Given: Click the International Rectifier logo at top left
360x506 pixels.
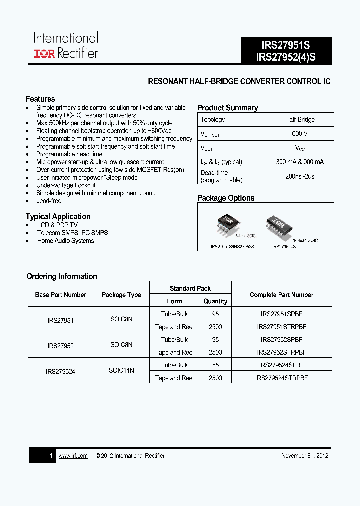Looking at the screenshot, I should click(66, 46).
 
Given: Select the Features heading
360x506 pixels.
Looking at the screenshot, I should click(40, 99).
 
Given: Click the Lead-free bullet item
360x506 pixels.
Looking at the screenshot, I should click(49, 201).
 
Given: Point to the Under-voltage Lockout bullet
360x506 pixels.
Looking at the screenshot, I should click(66, 185).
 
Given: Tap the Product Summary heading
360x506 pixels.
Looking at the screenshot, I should click(227, 108).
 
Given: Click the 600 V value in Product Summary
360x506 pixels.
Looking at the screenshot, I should click(300, 134).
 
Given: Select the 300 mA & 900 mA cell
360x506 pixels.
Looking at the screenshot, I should click(300, 162).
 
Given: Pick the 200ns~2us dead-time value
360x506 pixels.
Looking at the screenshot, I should click(300, 176).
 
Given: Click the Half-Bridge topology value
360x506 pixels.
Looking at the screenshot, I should click(300, 120).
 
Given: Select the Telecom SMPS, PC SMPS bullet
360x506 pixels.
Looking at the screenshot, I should click(72, 233).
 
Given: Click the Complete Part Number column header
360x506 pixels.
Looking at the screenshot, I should click(281, 295).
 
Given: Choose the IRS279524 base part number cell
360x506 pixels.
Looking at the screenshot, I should click(60, 371).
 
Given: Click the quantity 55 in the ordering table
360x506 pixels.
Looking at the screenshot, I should click(215, 365).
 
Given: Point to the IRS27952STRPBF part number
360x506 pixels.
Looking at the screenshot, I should click(281, 352).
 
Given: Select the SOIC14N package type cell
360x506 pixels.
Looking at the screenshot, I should click(121, 370).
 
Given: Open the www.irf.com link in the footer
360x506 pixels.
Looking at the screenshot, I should click(73, 456).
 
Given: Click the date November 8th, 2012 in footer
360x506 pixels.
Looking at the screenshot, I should click(305, 456).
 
